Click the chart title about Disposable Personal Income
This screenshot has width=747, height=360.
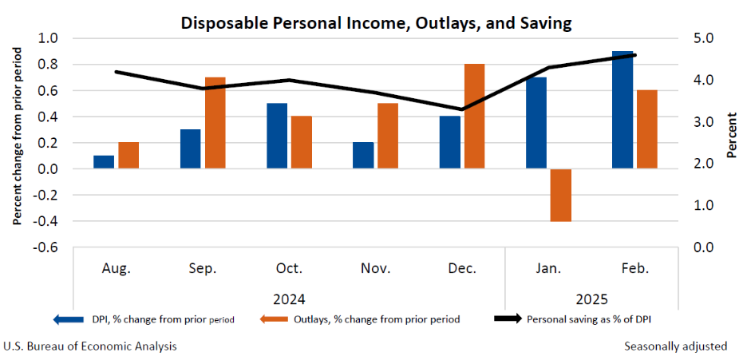click(376, 22)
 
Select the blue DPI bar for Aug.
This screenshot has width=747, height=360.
click(104, 162)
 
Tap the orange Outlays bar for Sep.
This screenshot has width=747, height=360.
click(215, 123)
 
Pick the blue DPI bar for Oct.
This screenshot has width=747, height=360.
click(277, 136)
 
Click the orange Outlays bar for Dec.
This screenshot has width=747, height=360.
click(474, 117)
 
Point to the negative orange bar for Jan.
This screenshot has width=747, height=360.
click(560, 195)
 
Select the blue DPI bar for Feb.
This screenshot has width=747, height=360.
click(622, 110)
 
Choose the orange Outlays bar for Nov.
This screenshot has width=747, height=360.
click(388, 136)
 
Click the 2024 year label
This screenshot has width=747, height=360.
click(288, 300)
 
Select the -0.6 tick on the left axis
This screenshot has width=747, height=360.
click(46, 247)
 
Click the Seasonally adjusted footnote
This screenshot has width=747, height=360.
click(675, 346)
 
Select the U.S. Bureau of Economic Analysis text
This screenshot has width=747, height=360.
click(90, 346)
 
